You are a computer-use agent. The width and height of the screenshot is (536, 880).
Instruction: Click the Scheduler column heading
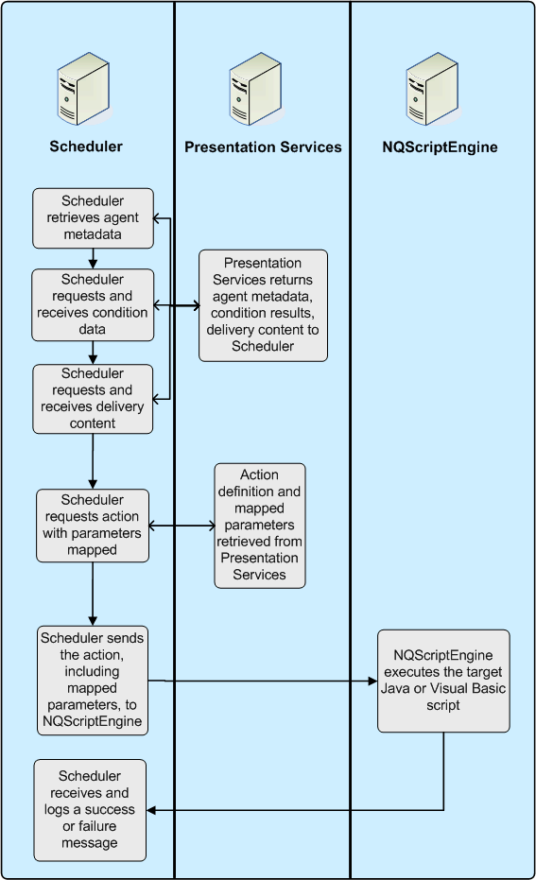[86, 147]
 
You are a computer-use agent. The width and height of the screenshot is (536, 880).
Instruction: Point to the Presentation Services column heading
[263, 147]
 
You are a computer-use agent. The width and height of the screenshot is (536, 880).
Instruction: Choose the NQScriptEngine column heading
[440, 147]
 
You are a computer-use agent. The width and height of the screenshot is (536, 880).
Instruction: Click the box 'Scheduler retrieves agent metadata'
[92, 216]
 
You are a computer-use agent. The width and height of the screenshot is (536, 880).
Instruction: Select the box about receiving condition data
[92, 304]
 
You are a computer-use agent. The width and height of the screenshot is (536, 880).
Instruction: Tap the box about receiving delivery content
[92, 399]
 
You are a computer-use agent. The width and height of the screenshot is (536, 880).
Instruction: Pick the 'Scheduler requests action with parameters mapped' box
[93, 526]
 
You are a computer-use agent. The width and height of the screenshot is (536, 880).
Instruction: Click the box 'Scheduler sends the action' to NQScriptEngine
[92, 680]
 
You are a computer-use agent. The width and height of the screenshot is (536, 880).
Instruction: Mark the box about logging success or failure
[91, 809]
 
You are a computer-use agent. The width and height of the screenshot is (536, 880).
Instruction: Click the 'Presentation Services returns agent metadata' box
[263, 305]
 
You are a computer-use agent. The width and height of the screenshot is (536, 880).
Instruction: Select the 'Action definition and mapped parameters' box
[259, 526]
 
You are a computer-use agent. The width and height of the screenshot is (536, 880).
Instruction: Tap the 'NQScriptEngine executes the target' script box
[443, 681]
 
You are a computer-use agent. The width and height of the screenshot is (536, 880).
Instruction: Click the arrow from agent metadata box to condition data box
[93, 258]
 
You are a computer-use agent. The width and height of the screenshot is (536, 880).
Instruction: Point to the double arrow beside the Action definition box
[182, 526]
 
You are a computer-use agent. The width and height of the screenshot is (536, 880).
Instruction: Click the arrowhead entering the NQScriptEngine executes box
[372, 681]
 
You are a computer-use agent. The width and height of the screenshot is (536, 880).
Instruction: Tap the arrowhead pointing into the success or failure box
[153, 809]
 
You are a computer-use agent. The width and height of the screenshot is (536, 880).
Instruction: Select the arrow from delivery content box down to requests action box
[93, 460]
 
